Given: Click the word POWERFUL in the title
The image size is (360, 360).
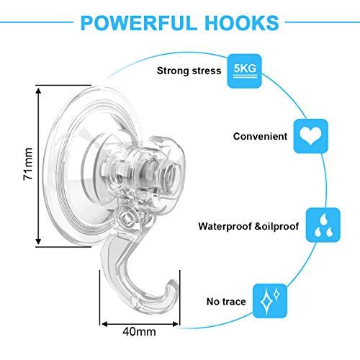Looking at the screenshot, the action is click(x=138, y=23).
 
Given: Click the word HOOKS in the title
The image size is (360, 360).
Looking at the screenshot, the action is click(x=242, y=23).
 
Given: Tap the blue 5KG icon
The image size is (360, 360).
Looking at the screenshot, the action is click(x=245, y=71).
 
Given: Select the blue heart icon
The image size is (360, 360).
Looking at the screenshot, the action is click(x=311, y=136).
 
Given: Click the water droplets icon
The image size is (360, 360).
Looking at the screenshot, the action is click(x=323, y=225).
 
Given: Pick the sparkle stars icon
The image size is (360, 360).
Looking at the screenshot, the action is click(x=270, y=301).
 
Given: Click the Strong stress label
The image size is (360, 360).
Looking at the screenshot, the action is click(x=189, y=71).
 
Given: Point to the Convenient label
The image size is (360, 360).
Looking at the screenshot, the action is click(x=260, y=136).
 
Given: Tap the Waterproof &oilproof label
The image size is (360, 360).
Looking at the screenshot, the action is click(x=248, y=226).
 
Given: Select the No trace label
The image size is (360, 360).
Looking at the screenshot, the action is click(x=226, y=302).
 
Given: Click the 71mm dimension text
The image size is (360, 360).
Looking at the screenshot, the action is click(x=28, y=163).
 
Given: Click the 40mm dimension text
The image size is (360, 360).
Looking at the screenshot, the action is click(x=139, y=332).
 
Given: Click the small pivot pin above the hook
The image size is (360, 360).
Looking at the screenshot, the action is click(x=127, y=218).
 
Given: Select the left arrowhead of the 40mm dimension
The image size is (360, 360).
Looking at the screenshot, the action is click(x=104, y=325).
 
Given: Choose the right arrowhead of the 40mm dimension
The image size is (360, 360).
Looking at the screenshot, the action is click(x=176, y=325).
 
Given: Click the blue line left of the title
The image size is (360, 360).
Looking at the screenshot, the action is click(x=37, y=22).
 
